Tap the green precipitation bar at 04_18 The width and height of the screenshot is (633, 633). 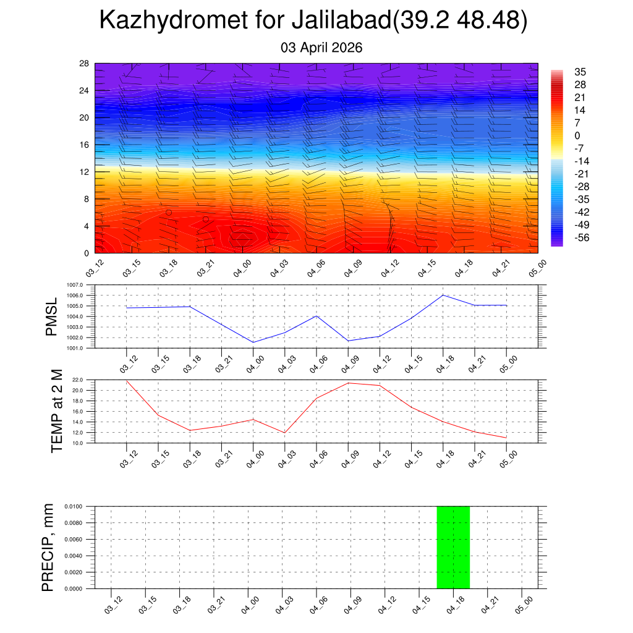point(453,547)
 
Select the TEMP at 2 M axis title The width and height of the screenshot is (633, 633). point(56,411)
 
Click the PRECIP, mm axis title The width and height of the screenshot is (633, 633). point(48,547)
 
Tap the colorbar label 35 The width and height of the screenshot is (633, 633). point(580,72)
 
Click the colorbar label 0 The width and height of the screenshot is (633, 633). point(577,136)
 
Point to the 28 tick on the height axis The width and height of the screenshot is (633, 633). point(84,64)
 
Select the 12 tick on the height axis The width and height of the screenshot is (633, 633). point(84,172)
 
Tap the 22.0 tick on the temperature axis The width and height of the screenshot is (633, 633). point(78,380)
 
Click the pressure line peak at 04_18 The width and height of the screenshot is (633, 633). point(443,295)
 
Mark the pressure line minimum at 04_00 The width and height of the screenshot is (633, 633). point(253,342)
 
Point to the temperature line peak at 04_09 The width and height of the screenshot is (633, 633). point(348,383)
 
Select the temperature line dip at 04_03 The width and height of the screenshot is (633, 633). point(285,433)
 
